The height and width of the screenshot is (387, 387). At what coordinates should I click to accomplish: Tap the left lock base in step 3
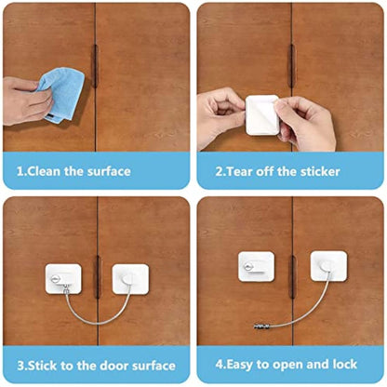click(63, 277)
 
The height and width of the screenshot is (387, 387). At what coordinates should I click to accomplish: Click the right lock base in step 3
click(130, 278)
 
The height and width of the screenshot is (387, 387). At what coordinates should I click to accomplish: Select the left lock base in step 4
click(255, 266)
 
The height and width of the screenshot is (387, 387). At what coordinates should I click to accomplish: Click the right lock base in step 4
click(328, 266)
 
